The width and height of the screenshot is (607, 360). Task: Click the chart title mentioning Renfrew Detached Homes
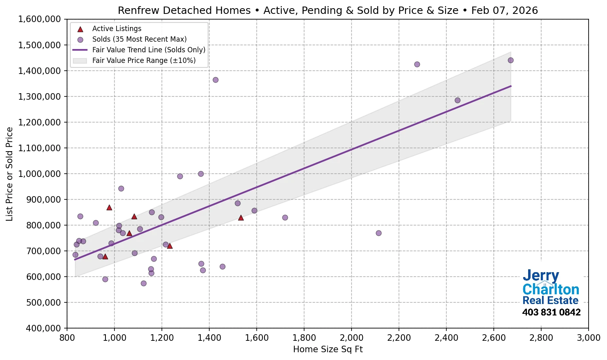(x=328, y=10)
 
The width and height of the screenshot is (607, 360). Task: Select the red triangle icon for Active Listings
(x=80, y=29)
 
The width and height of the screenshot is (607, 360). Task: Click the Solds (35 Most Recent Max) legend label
(x=139, y=39)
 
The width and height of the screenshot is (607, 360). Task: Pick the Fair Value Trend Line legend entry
(x=149, y=50)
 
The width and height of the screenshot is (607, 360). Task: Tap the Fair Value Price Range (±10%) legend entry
(x=144, y=60)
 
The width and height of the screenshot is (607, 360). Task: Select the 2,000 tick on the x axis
(x=352, y=338)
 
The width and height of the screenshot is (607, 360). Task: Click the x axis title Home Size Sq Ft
(x=328, y=349)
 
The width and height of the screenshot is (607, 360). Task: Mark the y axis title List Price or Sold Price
(x=10, y=174)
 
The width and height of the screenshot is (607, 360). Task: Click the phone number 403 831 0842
(x=551, y=313)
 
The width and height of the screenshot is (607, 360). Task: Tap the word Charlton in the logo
(x=551, y=289)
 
